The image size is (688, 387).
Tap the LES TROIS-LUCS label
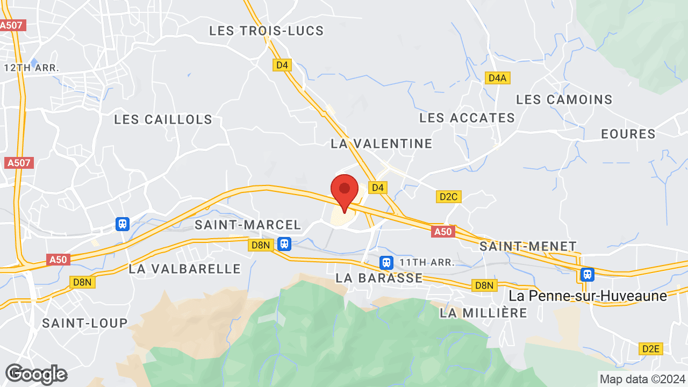pyautogui.click(x=267, y=31)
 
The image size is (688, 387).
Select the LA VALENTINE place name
pyautogui.click(x=382, y=144)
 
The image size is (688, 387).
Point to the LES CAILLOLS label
pyautogui.click(x=163, y=119)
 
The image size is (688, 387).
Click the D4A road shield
pyautogui.click(x=498, y=78)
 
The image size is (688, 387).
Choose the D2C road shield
pyautogui.click(x=448, y=197)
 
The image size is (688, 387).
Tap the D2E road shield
pyautogui.click(x=651, y=349)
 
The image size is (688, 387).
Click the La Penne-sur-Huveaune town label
pyautogui.click(x=588, y=296)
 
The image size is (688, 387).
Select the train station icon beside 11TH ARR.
pyautogui.click(x=386, y=263)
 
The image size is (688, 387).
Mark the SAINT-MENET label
pyautogui.click(x=528, y=246)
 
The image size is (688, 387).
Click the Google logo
pyautogui.click(x=35, y=374)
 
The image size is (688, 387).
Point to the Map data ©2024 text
pyautogui.click(x=643, y=379)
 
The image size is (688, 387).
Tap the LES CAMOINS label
pyautogui.click(x=564, y=99)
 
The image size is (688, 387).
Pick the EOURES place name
pyautogui.click(x=628, y=134)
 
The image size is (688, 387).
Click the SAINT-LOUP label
pyautogui.click(x=85, y=323)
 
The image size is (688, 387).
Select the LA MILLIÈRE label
pyautogui.click(x=484, y=312)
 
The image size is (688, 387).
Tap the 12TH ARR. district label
pyautogui.click(x=31, y=68)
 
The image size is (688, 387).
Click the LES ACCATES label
pyautogui.click(x=467, y=118)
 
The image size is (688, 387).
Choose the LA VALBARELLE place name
pyautogui.click(x=185, y=268)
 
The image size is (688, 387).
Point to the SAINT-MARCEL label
pyautogui.click(x=248, y=225)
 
